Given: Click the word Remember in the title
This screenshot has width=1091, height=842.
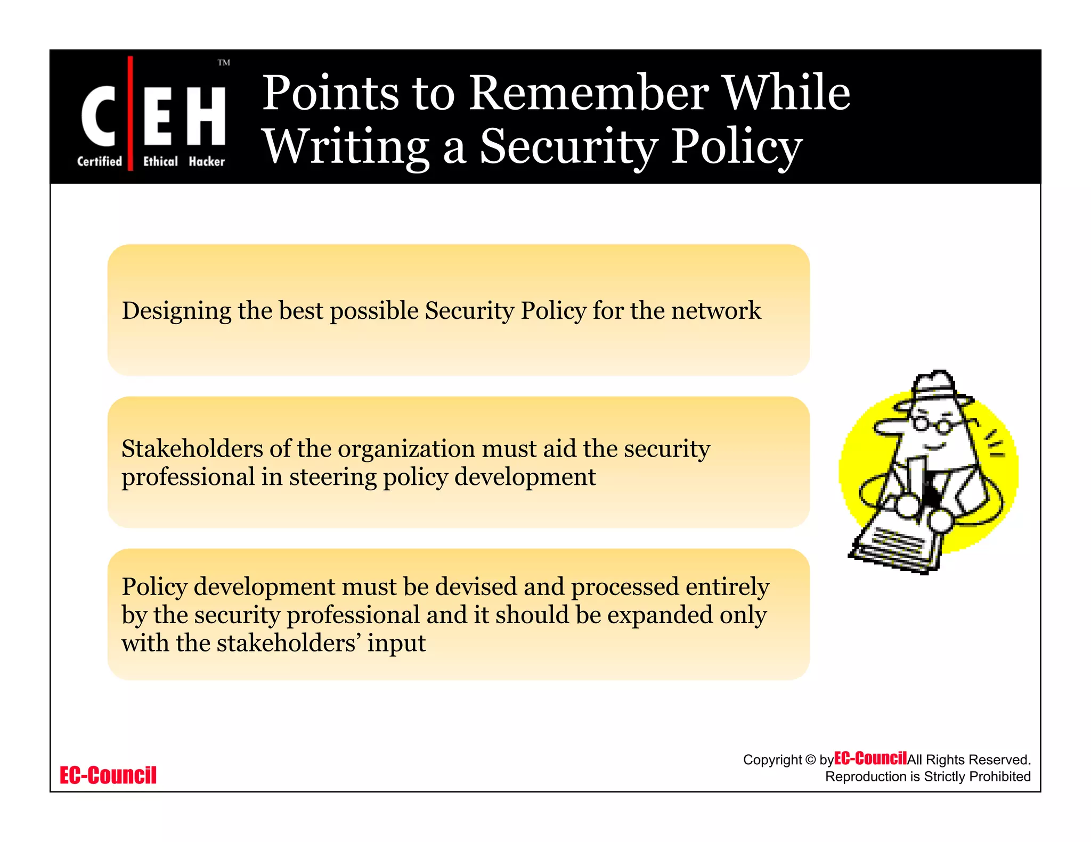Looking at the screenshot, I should (588, 93).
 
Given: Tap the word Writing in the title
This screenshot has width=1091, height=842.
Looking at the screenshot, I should (346, 147).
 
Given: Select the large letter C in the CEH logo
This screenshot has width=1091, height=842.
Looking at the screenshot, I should (99, 115).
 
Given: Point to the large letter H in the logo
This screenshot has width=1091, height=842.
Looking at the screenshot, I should (206, 115).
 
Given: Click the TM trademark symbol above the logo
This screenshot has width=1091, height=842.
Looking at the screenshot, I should (224, 63).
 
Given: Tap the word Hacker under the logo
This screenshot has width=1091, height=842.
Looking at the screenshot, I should (207, 161).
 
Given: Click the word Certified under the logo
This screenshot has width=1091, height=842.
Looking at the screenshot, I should (100, 161).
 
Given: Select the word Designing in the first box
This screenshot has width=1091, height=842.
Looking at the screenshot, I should (176, 311).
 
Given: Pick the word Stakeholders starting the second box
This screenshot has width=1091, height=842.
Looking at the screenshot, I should (192, 449).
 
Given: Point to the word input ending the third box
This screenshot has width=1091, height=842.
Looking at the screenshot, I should (396, 643).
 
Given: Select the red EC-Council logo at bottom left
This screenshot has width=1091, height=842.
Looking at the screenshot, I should (108, 775).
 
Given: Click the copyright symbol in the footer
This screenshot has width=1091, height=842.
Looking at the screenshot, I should (810, 760).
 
